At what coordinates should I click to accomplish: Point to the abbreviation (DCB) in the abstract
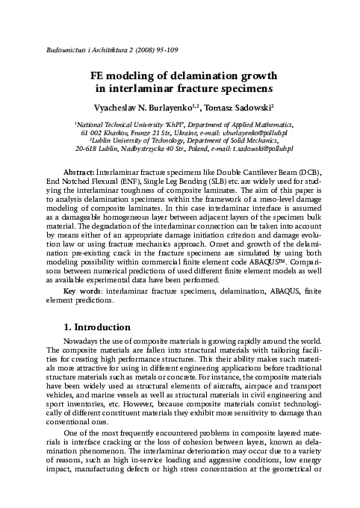tap(314, 172)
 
